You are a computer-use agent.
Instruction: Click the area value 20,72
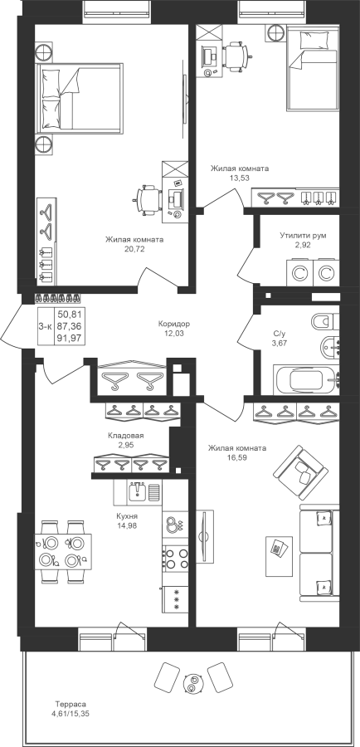click(x=134, y=249)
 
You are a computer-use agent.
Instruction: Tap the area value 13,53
click(x=240, y=178)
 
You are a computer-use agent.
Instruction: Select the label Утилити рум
click(x=303, y=236)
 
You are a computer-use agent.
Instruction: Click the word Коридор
click(x=174, y=324)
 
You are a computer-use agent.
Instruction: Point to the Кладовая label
click(x=126, y=436)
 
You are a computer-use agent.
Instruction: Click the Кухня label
click(x=127, y=516)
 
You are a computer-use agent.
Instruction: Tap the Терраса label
click(x=70, y=704)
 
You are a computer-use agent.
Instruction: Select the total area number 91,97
click(x=69, y=337)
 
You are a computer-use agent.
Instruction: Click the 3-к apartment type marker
click(x=45, y=326)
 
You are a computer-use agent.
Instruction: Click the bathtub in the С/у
click(x=306, y=380)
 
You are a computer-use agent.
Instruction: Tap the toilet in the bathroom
click(x=325, y=321)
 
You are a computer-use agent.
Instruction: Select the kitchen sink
click(x=139, y=491)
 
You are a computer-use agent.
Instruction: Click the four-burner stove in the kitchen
click(x=176, y=559)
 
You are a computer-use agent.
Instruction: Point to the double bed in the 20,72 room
click(x=80, y=97)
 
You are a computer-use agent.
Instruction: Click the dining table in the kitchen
click(x=63, y=552)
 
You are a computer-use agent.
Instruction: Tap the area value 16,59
click(x=237, y=457)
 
